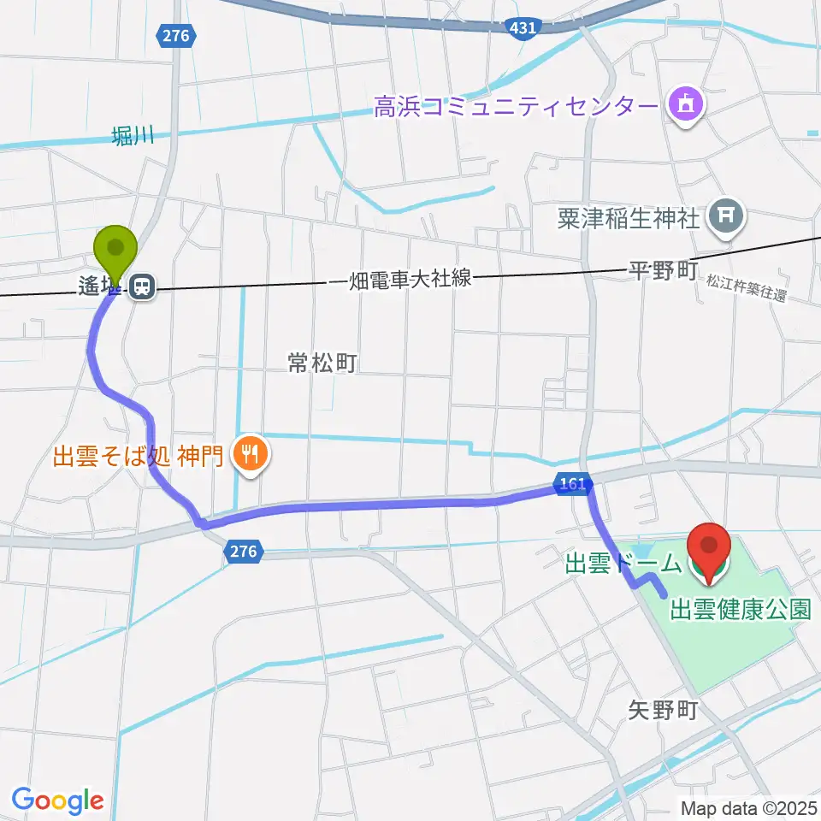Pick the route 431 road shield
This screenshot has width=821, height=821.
[x=523, y=28]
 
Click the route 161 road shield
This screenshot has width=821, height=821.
[x=572, y=484]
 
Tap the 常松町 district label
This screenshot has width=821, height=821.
[x=322, y=363]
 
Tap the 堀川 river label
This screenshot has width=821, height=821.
[x=132, y=135]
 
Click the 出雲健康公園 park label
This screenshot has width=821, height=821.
[x=740, y=609]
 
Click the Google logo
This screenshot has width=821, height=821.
[x=58, y=800]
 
